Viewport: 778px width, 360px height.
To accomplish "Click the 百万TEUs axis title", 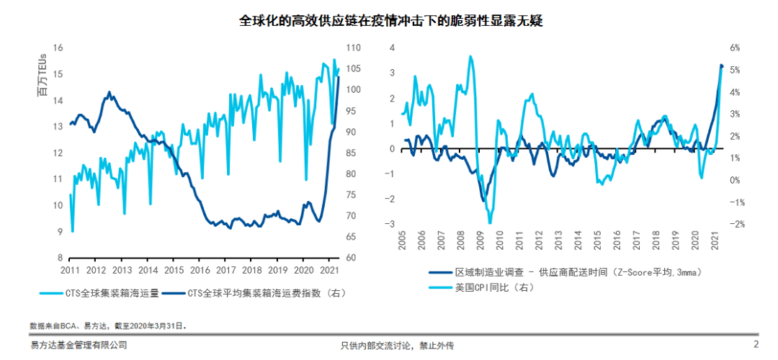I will [43, 75].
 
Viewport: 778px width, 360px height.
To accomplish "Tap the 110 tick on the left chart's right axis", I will [354, 48].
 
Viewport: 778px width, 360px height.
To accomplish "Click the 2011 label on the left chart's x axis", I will [70, 270].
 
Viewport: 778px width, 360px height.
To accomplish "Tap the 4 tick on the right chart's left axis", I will [393, 48].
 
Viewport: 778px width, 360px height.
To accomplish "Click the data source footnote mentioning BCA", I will [108, 326].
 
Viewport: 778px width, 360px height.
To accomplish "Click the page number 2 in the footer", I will [756, 345].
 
